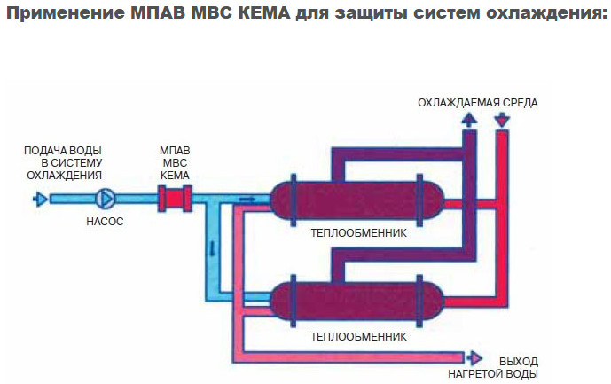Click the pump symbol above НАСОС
coord(106,199)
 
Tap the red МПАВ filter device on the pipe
coord(176,198)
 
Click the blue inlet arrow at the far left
coord(40,199)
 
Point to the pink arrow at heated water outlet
coord(474,357)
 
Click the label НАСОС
coord(106,222)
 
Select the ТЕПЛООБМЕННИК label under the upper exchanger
coord(357,235)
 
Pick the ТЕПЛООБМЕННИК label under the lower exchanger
coord(357,337)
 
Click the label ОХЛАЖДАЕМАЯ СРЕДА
coord(478,102)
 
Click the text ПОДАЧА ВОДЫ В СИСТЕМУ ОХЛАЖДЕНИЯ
coord(64,161)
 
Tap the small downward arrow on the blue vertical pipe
coord(214,247)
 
